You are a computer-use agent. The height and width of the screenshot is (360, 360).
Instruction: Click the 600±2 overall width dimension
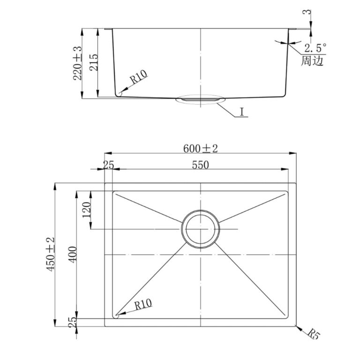(200, 149)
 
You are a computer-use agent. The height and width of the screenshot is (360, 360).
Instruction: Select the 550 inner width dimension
(201, 165)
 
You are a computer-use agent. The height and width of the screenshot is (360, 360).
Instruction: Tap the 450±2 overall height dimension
(51, 254)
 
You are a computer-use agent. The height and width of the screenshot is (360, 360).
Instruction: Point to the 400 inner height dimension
(73, 255)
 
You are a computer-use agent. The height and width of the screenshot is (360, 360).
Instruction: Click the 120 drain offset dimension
(87, 210)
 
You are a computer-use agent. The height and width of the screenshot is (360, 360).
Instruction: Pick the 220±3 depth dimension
(77, 63)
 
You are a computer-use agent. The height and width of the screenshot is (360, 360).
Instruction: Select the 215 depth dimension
(93, 62)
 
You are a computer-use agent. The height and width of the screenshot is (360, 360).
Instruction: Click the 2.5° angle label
(315, 48)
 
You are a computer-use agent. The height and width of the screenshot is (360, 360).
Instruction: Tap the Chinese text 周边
(312, 60)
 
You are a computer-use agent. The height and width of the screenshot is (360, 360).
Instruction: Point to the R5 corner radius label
(314, 334)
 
